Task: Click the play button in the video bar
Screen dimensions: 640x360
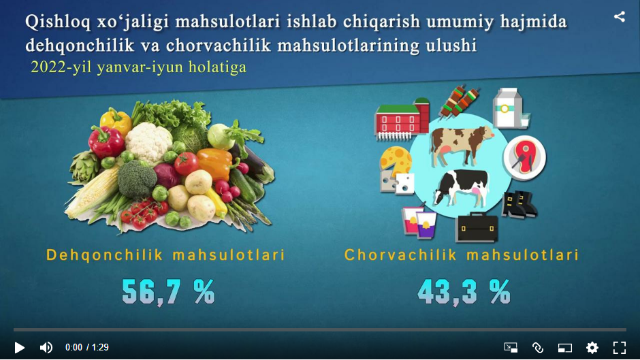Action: pos(19,347)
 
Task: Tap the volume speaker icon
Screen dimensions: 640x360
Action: pos(46,347)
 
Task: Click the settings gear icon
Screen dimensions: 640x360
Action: pos(592,347)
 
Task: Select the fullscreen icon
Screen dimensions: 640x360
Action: pos(620,347)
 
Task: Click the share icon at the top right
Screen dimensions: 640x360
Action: pos(620,17)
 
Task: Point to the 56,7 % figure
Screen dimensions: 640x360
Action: pos(168,292)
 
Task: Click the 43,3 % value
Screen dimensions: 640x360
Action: pos(464,292)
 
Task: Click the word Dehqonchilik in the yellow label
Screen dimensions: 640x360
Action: pos(105,255)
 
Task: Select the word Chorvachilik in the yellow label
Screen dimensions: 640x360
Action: pos(400,255)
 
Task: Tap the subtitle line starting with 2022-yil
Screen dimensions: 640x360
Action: pos(138,67)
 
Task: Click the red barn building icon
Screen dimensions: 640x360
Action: pos(402,119)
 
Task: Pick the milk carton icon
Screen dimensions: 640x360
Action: pos(510,109)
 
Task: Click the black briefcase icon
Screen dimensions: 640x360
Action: pos(477,227)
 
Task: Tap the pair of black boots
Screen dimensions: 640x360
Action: pos(519,204)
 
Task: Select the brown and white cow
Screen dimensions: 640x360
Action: pos(461,144)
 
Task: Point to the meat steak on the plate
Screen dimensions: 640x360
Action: pos(524,158)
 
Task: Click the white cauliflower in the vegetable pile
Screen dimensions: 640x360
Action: pos(148,142)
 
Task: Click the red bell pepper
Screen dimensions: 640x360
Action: pos(106,142)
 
